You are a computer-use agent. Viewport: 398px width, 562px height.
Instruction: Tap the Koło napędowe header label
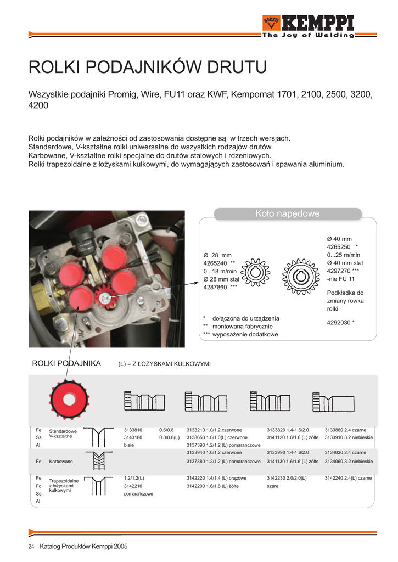(287, 213)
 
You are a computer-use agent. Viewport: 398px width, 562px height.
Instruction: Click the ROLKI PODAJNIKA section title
(66, 363)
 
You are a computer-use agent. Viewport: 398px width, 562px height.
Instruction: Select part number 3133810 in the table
(133, 430)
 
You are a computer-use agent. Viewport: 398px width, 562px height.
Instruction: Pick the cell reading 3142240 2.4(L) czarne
(348, 478)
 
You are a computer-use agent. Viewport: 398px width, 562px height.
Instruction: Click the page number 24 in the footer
(31, 546)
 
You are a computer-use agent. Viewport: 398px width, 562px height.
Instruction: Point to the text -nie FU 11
(341, 279)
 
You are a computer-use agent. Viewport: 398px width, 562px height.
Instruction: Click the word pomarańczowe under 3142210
(138, 494)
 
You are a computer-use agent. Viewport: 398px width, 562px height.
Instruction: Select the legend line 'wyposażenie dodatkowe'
(245, 334)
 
